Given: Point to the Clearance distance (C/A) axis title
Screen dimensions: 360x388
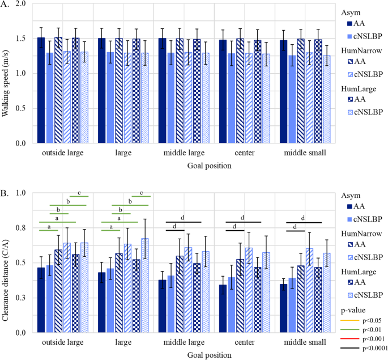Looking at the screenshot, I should point(7,262).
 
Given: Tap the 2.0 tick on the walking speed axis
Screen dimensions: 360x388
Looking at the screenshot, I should point(21,4).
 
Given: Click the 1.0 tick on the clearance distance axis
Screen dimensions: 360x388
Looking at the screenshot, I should point(21,193).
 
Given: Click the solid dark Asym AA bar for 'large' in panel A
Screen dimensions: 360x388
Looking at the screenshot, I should point(102,91).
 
